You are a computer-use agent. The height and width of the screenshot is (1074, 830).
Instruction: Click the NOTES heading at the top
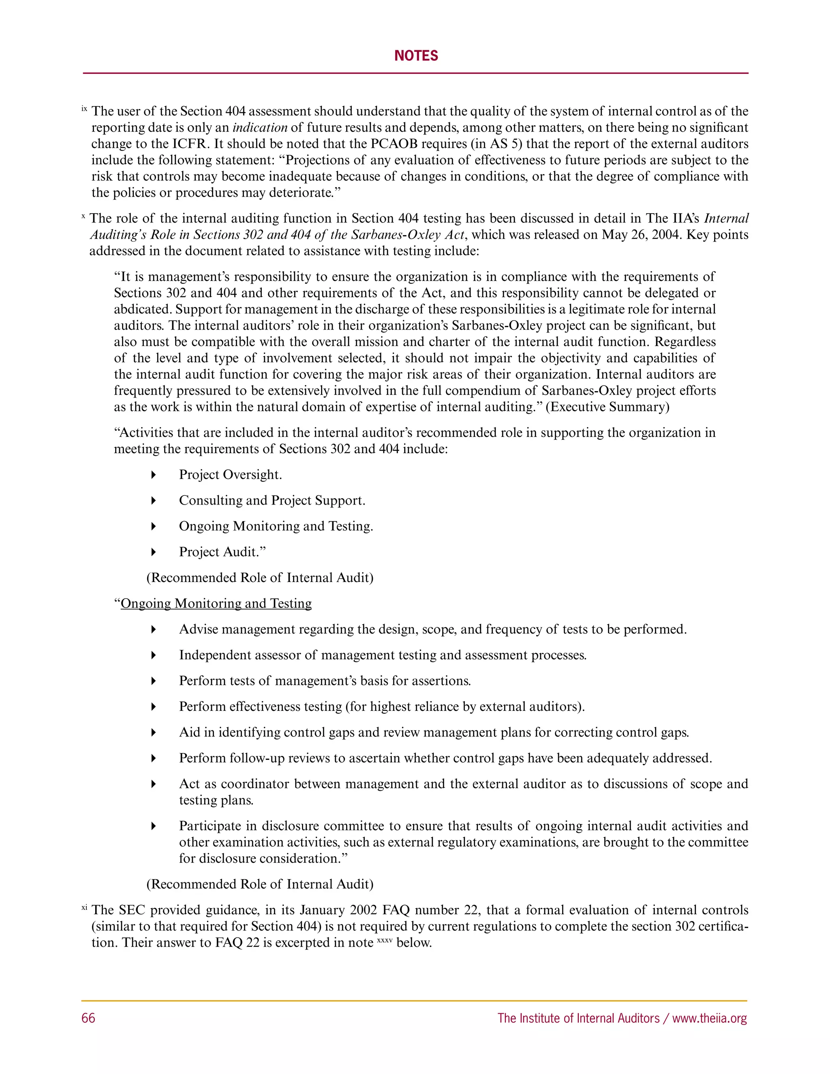coord(415,56)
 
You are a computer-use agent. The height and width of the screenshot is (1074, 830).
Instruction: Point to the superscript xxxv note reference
coord(385,940)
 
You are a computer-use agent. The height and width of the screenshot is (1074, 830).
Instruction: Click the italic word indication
coord(260,127)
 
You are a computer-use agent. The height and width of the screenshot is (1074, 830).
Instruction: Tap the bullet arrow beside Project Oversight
coord(154,475)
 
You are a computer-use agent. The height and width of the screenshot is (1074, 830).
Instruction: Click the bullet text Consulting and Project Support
coord(272,500)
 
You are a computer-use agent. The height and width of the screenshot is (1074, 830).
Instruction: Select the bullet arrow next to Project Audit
coord(154,552)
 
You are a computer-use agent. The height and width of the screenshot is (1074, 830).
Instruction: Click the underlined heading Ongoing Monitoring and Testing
coord(216,603)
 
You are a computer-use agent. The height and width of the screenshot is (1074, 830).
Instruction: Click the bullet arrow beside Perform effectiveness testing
coord(154,707)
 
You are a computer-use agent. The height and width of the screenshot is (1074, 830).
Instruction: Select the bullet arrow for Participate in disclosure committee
coord(154,826)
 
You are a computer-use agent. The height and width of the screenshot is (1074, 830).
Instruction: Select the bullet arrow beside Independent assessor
coord(154,655)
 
